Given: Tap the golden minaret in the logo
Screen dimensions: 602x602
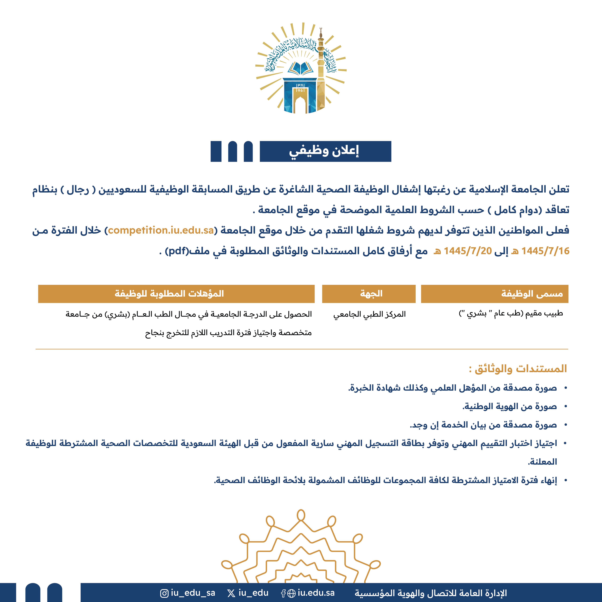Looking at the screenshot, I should click(321, 72).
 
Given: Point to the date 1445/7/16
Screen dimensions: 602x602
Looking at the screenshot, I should click(545, 251).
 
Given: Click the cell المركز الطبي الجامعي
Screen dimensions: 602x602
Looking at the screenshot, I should click(369, 314).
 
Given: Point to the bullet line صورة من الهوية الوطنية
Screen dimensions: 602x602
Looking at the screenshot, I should click(509, 406).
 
